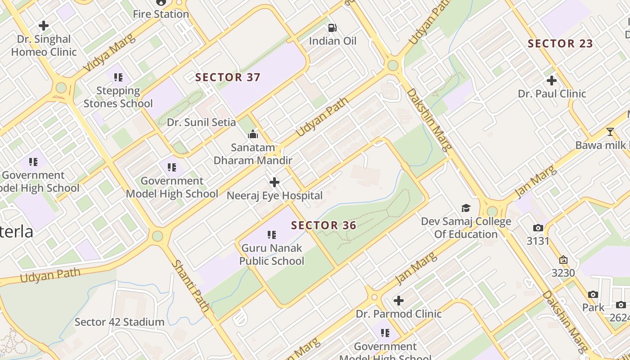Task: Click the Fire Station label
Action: [x=161, y=14]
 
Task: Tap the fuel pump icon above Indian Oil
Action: [x=333, y=28]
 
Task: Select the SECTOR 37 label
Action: [x=228, y=77]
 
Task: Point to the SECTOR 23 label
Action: [x=560, y=44]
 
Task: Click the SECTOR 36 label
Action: [x=324, y=225]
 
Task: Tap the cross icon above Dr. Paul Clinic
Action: [x=552, y=81]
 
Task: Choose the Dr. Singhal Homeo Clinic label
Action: [x=44, y=45]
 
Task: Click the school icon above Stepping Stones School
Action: [x=118, y=77]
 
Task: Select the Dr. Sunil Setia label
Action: [x=201, y=122]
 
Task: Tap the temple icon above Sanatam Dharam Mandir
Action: [x=253, y=134]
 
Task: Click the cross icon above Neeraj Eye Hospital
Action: [x=274, y=182]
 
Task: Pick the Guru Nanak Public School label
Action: [x=272, y=254]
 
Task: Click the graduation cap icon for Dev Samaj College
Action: [x=466, y=208]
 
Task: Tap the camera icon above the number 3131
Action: [x=538, y=228]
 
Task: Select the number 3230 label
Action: [x=563, y=273]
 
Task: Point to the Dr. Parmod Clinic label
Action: [x=399, y=314]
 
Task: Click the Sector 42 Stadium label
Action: [x=119, y=322]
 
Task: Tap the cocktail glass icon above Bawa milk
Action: [x=610, y=132]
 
